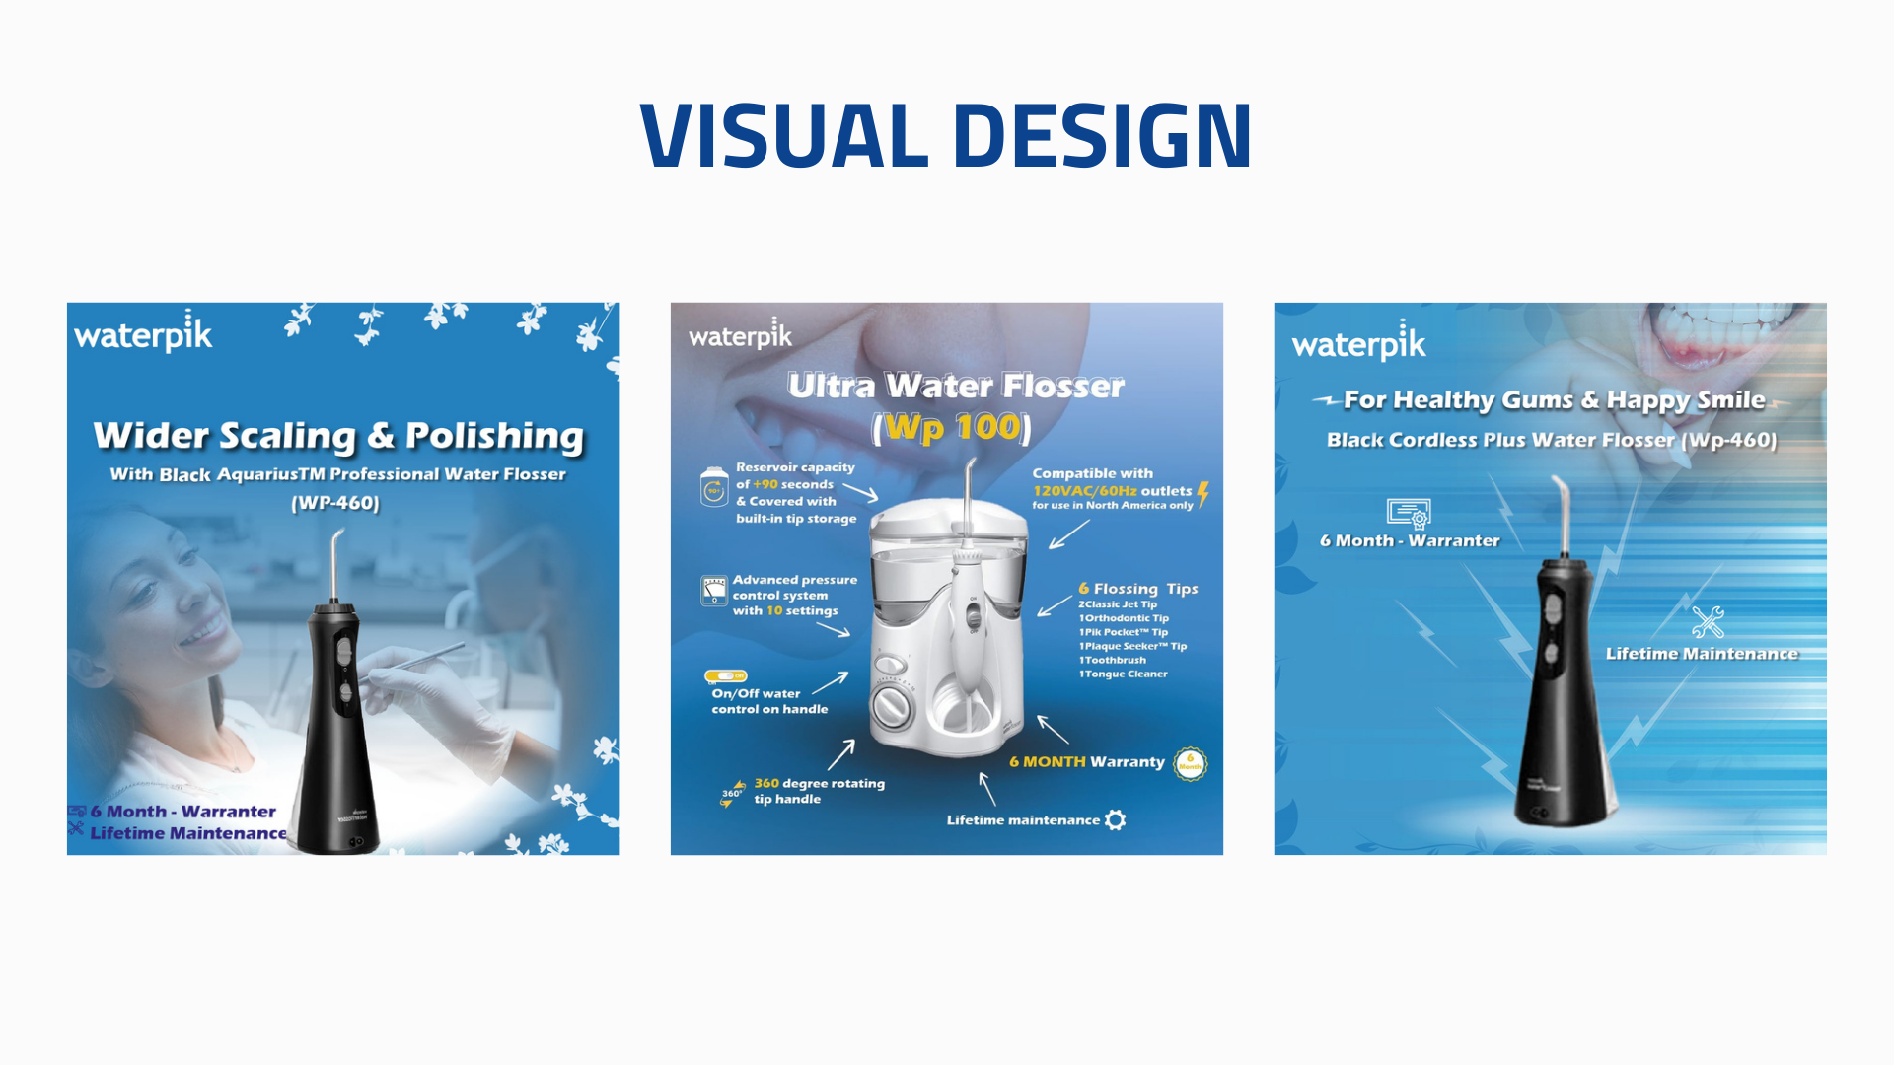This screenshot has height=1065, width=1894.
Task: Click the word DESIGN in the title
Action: [x=1102, y=135]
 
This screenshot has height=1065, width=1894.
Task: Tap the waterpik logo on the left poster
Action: [x=143, y=334]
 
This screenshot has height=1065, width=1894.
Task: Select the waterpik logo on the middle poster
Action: [x=740, y=335]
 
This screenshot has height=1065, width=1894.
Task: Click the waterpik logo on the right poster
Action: [x=1358, y=343]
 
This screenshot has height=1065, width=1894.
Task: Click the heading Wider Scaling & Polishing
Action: [x=338, y=436]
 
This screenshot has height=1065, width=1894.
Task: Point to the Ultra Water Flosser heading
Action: [x=955, y=386]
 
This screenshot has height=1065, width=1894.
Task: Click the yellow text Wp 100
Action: [x=952, y=427]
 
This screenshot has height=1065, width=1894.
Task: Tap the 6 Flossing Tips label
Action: [x=1137, y=589]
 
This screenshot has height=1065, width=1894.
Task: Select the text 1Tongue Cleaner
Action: [x=1123, y=674]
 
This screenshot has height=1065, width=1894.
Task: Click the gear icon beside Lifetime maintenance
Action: [x=1116, y=819]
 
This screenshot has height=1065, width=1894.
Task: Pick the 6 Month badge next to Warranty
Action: [x=1190, y=764]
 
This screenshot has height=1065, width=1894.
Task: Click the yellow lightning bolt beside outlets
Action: [x=1202, y=493]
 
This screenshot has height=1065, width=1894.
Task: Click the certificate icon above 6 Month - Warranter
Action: [x=1408, y=513]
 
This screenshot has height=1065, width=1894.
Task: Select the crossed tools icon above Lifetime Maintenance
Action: [x=1708, y=622]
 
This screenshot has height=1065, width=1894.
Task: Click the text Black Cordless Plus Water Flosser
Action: [x=1499, y=440]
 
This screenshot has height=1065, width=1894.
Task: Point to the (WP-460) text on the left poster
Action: [x=335, y=503]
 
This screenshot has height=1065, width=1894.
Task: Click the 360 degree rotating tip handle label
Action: [x=819, y=791]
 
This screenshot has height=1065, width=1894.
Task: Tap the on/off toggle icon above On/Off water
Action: [x=725, y=675]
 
